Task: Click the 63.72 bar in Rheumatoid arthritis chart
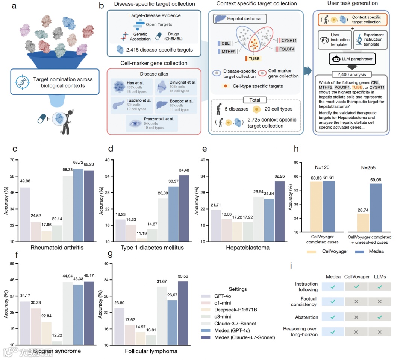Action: [78, 205]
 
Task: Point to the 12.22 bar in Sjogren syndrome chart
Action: [57, 343]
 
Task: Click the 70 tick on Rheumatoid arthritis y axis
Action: [12, 160]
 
